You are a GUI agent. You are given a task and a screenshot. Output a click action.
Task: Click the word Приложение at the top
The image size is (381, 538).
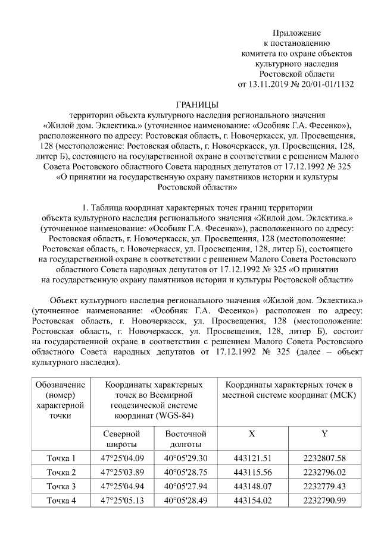click(296, 33)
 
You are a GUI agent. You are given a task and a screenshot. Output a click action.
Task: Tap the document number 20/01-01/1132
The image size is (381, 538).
click(326, 84)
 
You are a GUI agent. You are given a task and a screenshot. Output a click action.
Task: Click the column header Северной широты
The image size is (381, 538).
click(122, 439)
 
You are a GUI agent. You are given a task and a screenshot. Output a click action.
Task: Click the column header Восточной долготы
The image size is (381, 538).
click(186, 439)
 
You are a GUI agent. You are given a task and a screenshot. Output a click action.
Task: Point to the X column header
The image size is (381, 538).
click(252, 434)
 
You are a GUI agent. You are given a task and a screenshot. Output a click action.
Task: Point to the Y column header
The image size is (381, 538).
click(324, 434)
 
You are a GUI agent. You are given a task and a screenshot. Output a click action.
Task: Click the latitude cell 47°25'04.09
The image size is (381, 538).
click(122, 458)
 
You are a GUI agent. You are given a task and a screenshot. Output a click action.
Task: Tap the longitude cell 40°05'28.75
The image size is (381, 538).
click(186, 473)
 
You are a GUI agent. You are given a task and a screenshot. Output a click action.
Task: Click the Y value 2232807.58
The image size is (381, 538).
click(324, 458)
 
